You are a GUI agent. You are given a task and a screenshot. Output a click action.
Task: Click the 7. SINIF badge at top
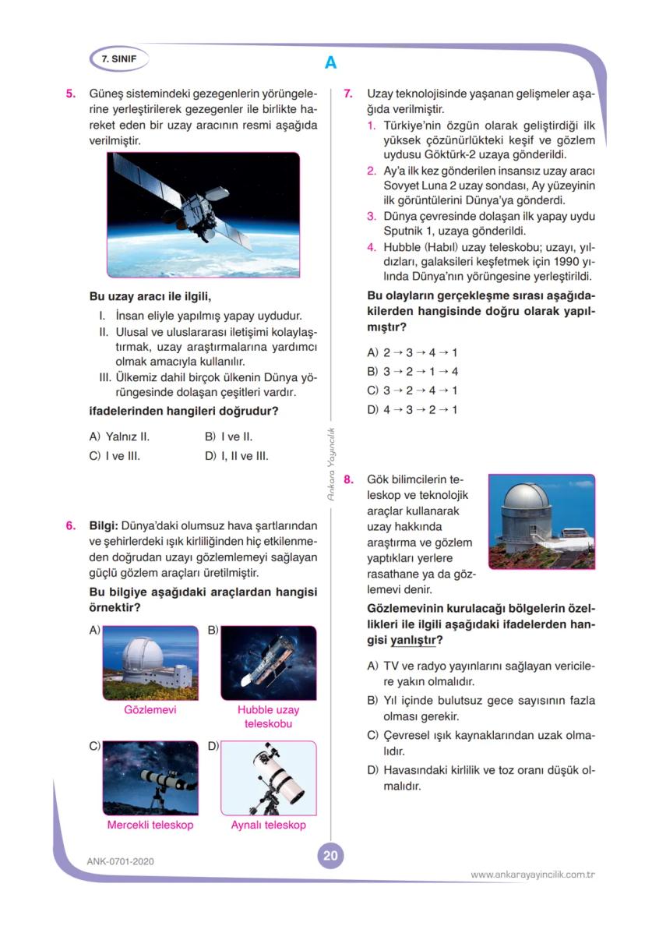pos(118,59)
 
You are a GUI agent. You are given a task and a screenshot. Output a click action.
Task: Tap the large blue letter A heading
pos(330,63)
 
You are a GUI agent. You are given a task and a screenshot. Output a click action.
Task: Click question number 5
pos(70,94)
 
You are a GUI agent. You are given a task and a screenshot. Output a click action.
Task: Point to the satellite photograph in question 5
pos(203,214)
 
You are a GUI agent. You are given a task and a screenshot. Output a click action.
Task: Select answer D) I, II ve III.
pos(236,456)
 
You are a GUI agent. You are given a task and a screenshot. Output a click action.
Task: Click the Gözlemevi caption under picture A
pos(150,710)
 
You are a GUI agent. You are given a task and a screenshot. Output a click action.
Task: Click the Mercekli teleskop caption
pos(150,825)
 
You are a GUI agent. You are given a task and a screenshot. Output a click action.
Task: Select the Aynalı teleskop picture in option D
pos(268,778)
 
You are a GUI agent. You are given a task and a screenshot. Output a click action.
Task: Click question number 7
pos(348,94)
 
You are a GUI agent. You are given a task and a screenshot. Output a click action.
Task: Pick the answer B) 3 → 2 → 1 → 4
pos(412,372)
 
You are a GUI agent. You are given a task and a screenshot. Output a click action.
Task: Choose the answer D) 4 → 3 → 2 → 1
pos(412,409)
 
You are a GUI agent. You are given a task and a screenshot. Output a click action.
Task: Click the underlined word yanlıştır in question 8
pos(412,640)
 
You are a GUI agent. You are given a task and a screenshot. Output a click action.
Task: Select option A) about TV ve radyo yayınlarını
pos(480,673)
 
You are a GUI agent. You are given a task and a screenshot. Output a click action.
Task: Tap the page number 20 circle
pos(330,856)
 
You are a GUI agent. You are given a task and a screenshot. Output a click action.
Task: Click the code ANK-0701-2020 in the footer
pos(121,861)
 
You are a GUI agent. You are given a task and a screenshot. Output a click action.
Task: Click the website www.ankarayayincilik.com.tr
pos(533,875)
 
